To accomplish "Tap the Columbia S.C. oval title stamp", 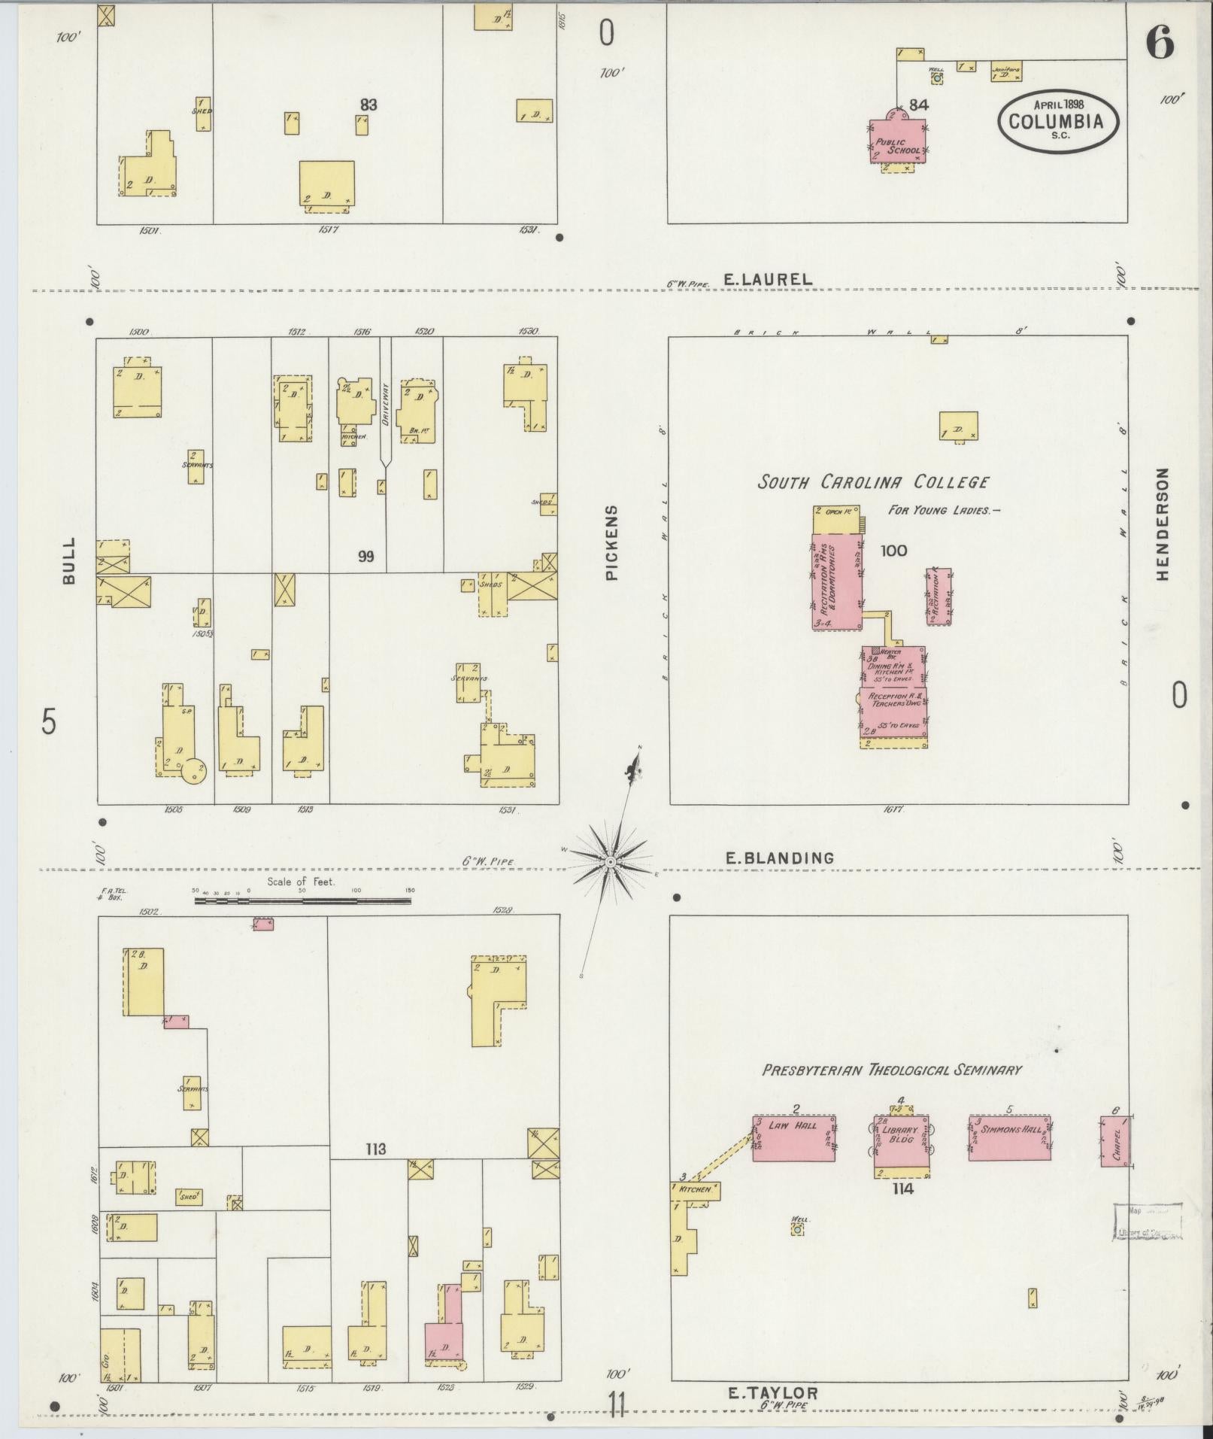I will [1058, 120].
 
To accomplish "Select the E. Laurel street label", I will [767, 279].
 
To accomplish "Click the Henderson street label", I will [1163, 524].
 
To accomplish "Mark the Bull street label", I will [69, 560].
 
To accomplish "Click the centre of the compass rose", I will [611, 861].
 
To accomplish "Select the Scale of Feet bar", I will [304, 899].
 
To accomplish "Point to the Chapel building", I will [1114, 1141].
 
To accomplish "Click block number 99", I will [366, 557].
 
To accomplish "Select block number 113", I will [375, 1149].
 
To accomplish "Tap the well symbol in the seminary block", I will [797, 1229].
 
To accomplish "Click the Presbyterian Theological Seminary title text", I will [892, 1070].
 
